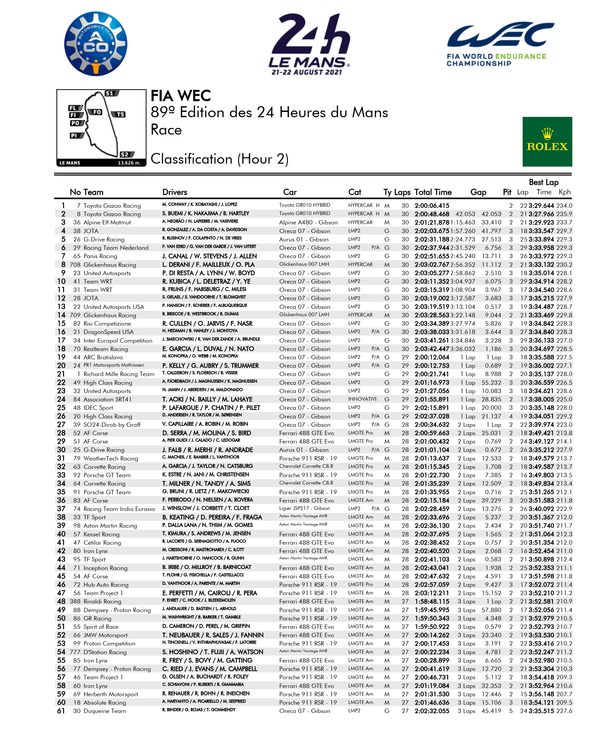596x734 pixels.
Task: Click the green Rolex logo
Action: [547, 142]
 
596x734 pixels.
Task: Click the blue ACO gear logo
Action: [96, 44]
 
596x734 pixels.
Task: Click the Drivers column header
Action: [175, 192]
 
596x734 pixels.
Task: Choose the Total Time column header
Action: [432, 192]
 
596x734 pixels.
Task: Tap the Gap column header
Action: [478, 192]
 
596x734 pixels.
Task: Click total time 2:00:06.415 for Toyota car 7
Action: [431, 206]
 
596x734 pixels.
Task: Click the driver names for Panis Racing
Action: [210, 256]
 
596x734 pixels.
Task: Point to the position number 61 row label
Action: [61, 711]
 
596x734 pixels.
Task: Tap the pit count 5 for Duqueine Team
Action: [511, 711]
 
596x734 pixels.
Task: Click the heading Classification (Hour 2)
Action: [219, 159]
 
